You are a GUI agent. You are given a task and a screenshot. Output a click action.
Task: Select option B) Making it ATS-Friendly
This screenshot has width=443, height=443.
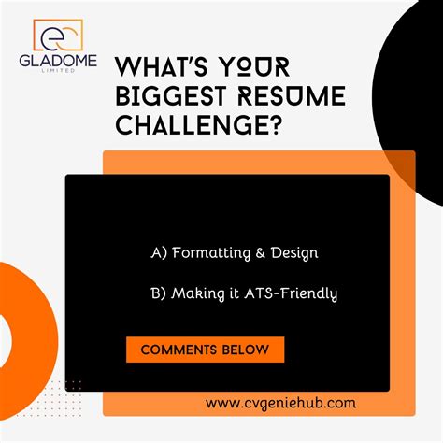243,293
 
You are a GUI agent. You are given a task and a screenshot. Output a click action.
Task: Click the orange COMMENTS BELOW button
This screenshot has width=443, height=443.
205,350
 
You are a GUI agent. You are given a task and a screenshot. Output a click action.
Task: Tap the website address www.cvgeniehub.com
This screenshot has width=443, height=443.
280,403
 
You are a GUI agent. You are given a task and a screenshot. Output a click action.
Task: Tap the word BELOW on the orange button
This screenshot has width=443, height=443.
248,350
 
